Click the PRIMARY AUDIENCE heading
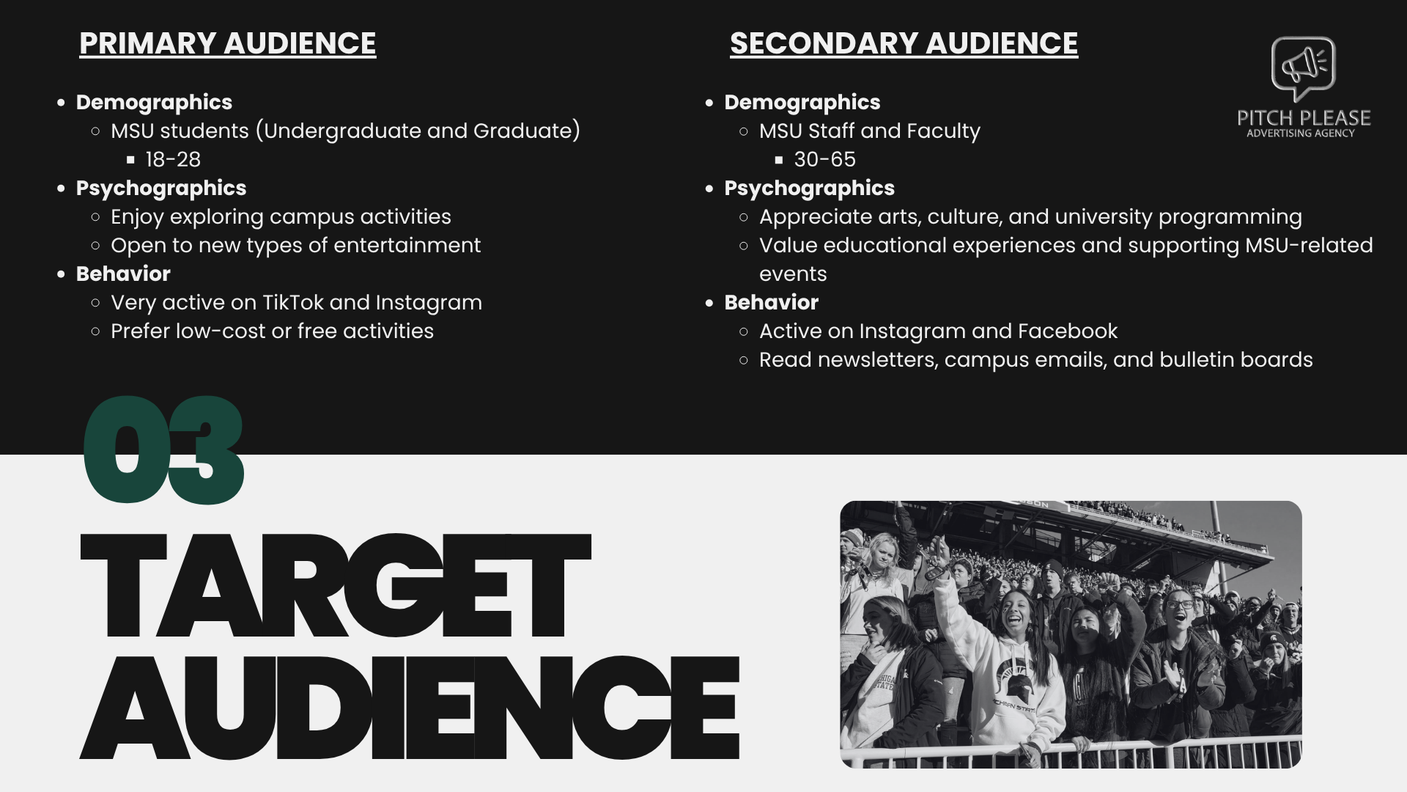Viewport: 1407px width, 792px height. coord(227,43)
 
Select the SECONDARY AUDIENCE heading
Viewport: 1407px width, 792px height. coord(904,43)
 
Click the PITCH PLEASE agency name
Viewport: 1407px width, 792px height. coord(1304,117)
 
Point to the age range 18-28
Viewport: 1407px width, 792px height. coord(173,159)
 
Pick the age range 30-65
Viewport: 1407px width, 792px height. coord(824,159)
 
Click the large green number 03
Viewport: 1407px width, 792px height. coord(163,450)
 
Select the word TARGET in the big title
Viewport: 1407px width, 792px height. coord(334,587)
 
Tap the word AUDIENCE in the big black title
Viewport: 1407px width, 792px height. coord(409,708)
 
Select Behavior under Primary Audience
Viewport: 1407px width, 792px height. coord(123,274)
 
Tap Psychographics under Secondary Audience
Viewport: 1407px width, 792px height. coord(809,188)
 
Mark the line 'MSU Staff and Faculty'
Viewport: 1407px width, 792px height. coord(869,131)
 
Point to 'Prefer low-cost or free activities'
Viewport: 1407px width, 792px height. coord(272,331)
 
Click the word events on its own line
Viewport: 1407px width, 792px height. coord(793,274)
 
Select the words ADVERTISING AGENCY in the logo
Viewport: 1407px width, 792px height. coord(1300,133)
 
